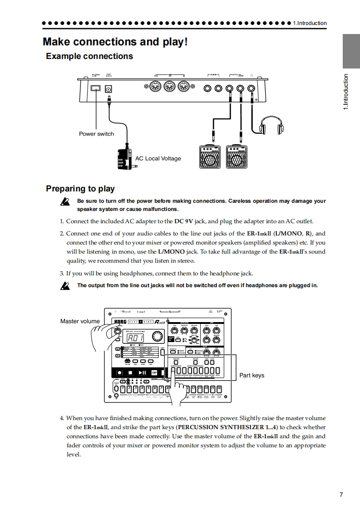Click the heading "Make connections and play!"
(115, 42)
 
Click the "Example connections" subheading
(89, 56)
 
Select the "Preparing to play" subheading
(80, 189)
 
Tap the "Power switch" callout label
(96, 134)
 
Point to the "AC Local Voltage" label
(158, 158)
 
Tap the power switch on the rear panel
(96, 88)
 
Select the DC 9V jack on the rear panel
(108, 90)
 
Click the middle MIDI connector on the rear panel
(169, 87)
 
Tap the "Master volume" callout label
(80, 321)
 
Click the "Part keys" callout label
(252, 375)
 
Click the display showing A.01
(135, 338)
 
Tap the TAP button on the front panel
(154, 372)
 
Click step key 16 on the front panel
(219, 388)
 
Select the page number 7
(341, 494)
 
